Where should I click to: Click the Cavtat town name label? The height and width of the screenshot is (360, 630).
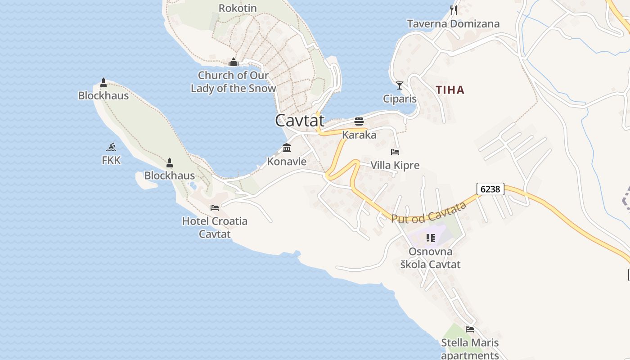(300, 121)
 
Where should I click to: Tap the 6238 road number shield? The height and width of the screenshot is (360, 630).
(490, 189)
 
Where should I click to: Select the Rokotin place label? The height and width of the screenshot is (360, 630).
(238, 8)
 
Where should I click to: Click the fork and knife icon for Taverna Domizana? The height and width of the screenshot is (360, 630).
(454, 10)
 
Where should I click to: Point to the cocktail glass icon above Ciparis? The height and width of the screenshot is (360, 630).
(400, 85)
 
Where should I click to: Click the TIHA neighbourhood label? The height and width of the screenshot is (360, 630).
(450, 90)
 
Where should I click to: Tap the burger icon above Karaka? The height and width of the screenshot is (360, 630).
(359, 121)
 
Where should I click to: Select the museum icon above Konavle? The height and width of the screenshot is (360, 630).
(287, 148)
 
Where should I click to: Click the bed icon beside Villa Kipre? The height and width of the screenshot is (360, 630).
(395, 152)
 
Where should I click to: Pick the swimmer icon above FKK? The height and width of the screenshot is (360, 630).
(111, 147)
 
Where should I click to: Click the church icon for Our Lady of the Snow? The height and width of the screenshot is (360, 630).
(233, 62)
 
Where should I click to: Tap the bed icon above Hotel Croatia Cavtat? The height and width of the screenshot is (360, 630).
(215, 207)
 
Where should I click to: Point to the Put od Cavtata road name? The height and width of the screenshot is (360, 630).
(429, 212)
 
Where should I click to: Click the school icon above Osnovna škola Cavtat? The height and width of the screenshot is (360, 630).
(430, 238)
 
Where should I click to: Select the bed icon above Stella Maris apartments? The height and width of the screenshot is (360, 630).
(470, 329)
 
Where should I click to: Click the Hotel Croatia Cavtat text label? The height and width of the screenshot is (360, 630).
(215, 227)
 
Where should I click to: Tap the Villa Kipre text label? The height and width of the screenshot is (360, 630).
(395, 165)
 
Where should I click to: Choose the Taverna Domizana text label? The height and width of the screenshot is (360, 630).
(453, 24)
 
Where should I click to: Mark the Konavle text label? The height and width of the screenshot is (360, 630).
(287, 161)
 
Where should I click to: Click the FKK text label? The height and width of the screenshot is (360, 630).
(111, 160)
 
